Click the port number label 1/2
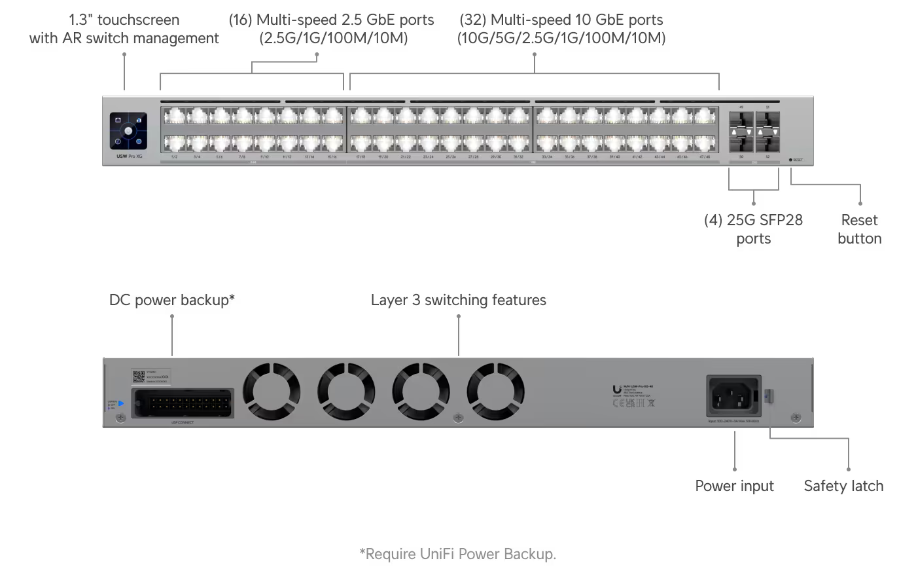click(x=174, y=157)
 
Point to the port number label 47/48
click(x=704, y=157)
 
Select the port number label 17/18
click(x=361, y=157)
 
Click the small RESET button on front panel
click(x=791, y=160)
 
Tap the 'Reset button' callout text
click(x=859, y=229)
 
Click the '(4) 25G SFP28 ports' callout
click(x=753, y=229)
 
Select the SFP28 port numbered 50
click(x=741, y=140)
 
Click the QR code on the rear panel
click(x=138, y=376)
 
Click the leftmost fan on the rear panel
click(x=272, y=392)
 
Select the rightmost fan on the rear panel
click(x=495, y=392)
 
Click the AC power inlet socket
click(x=733, y=395)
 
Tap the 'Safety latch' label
click(x=843, y=486)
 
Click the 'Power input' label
click(x=734, y=486)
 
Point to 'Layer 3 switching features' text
click(x=458, y=301)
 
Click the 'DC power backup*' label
click(x=171, y=301)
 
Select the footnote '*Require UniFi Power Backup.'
click(x=458, y=554)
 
